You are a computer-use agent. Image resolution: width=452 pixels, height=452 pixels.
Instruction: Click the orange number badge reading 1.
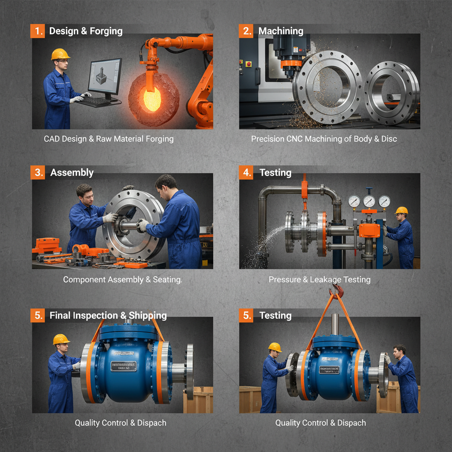coord(38,31)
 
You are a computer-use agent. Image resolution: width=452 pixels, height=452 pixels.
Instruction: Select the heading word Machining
coord(281,31)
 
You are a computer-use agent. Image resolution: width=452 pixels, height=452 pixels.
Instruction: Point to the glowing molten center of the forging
coord(152,99)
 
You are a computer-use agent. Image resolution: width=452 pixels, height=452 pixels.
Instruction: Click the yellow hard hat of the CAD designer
coord(60,54)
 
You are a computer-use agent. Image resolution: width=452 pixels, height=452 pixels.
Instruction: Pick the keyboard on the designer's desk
coord(95,102)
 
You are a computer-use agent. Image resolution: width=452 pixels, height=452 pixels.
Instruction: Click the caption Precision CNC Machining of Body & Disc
coord(324,139)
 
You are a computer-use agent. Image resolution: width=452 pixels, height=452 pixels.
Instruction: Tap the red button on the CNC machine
coord(249,64)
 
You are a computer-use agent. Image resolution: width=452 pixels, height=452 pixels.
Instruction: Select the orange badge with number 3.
coord(38,172)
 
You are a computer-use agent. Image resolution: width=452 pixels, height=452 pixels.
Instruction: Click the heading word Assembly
coord(72,172)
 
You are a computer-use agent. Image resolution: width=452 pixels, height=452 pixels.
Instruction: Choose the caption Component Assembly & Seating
coord(122,279)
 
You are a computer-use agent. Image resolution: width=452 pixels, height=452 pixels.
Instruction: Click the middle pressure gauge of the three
coord(369,201)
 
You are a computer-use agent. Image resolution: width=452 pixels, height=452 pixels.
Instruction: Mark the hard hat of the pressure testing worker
coord(401,210)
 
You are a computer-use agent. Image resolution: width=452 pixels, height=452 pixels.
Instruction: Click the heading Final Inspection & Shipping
coord(108,315)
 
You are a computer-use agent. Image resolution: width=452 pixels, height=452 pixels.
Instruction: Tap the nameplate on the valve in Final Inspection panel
coord(123,366)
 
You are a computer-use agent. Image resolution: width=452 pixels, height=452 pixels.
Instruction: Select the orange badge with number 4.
coord(246,172)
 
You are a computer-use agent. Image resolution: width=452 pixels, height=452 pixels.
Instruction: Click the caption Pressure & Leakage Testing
coord(320,279)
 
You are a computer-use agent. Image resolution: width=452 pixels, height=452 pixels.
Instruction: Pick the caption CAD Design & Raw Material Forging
coord(109,139)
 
